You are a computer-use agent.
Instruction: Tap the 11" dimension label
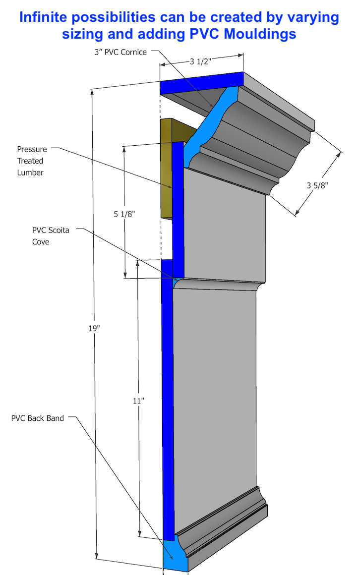point(139,400)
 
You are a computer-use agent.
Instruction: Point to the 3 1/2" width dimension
point(201,62)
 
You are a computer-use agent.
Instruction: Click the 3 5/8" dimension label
point(318,185)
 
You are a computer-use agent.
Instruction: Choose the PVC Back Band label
point(38,418)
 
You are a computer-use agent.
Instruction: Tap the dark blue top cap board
point(201,83)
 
